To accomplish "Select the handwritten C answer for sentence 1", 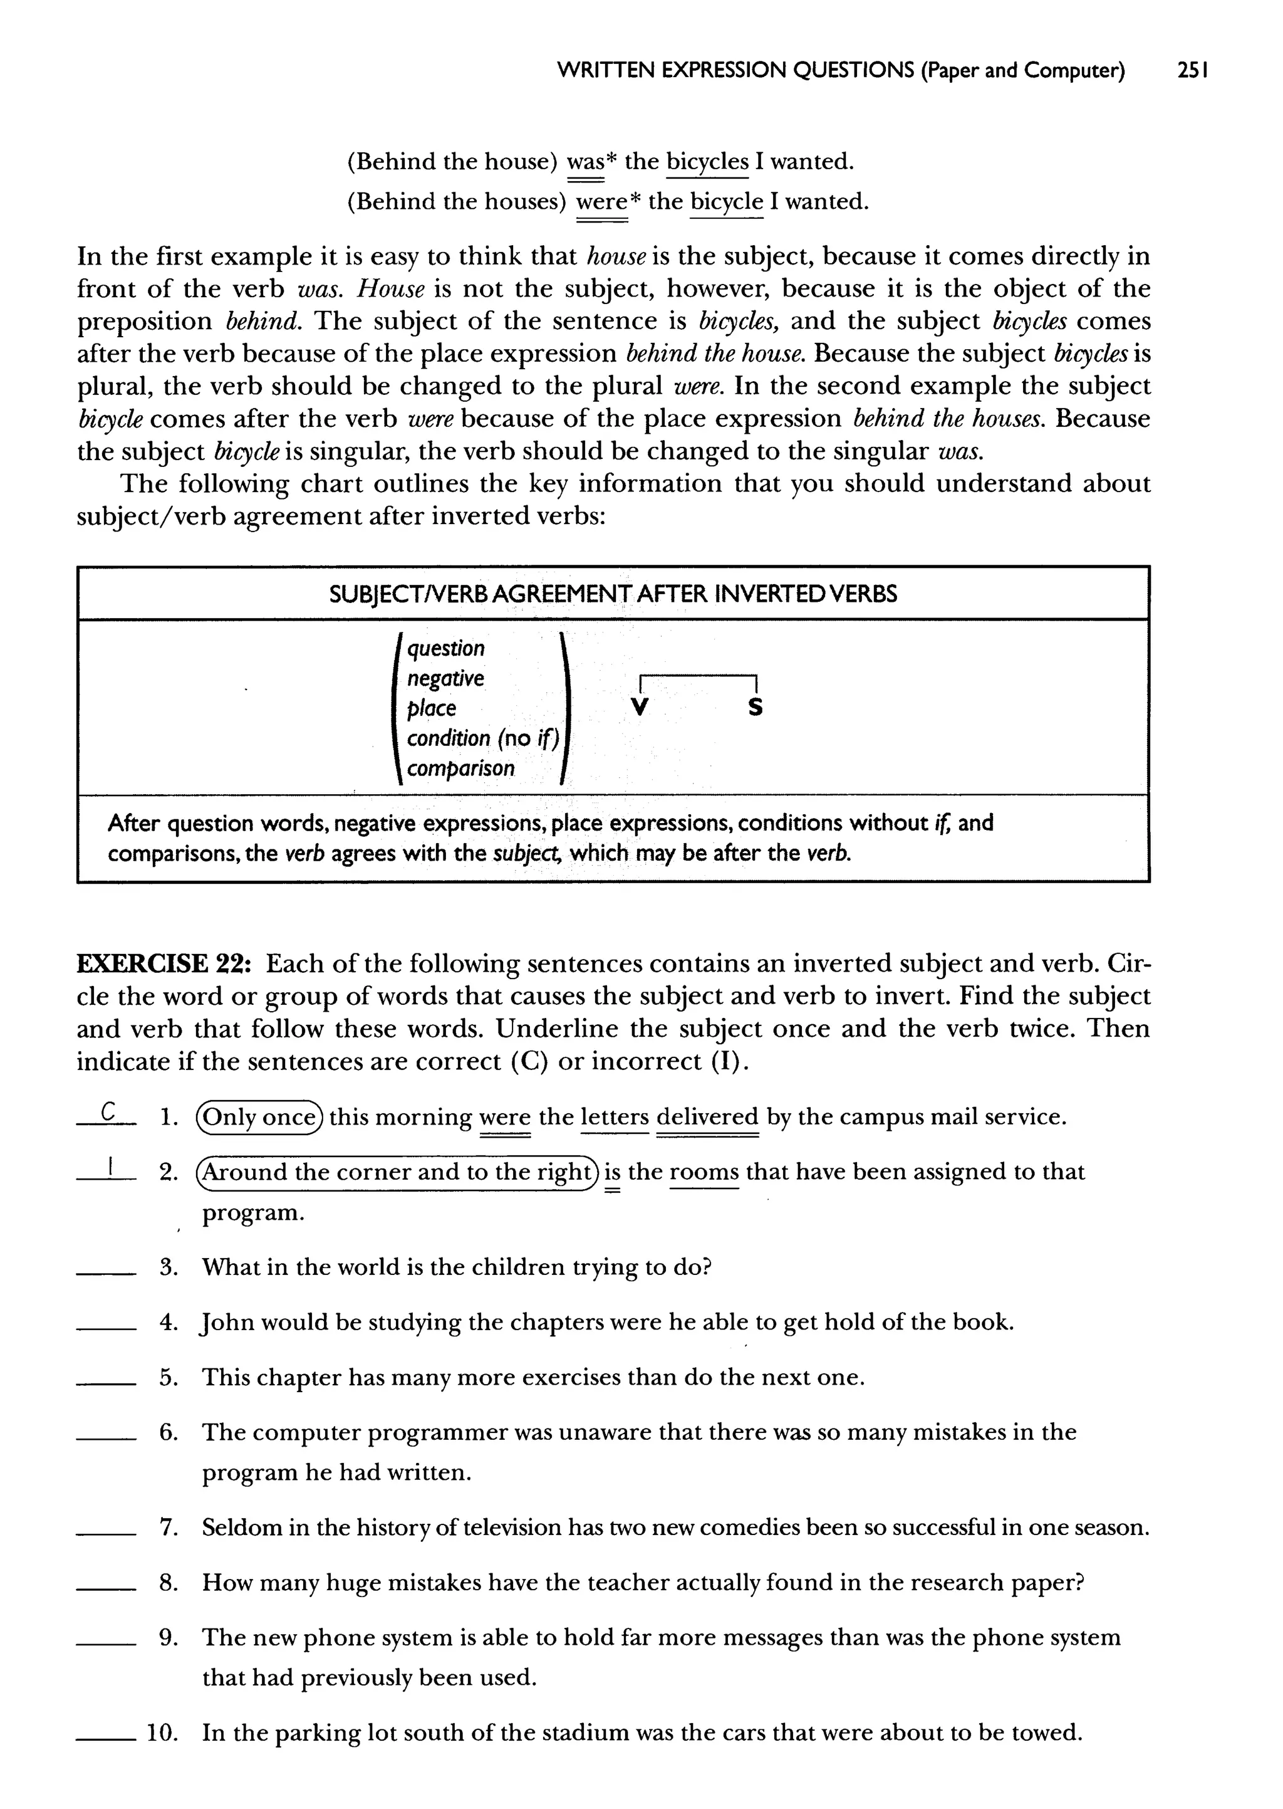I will coord(108,1113).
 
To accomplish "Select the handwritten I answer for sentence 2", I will coord(113,1167).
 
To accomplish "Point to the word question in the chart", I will coord(445,649).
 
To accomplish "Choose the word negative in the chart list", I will coord(445,679).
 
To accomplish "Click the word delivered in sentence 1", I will coord(707,1118).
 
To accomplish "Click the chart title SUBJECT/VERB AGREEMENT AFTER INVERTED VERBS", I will coord(613,594).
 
